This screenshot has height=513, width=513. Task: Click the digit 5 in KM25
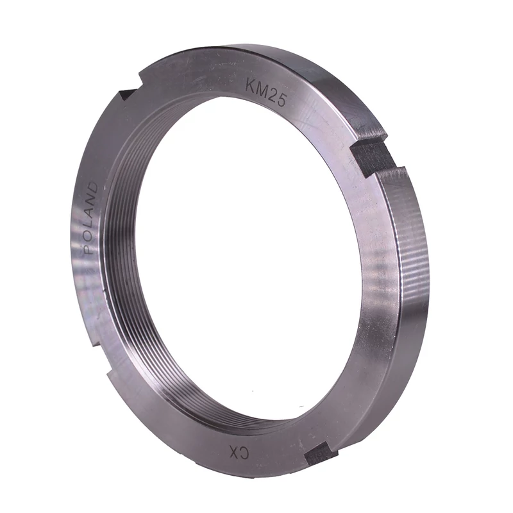(x=282, y=101)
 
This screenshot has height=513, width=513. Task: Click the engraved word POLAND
(x=91, y=218)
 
